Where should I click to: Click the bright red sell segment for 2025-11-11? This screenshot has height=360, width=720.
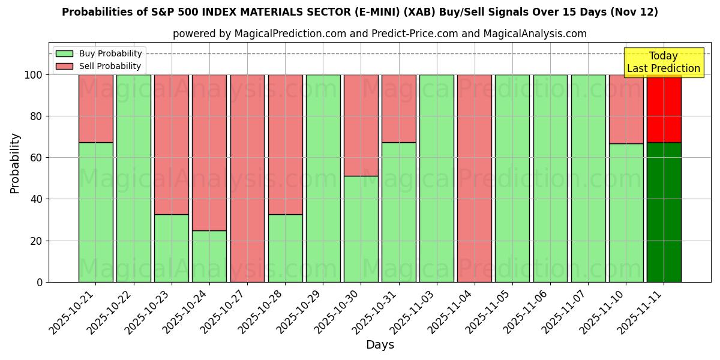pyautogui.click(x=664, y=108)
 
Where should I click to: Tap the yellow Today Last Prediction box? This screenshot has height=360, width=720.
pyautogui.click(x=664, y=62)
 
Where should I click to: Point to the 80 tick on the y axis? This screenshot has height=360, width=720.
pyautogui.click(x=37, y=116)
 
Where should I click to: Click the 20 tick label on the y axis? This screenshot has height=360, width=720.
pyautogui.click(x=37, y=241)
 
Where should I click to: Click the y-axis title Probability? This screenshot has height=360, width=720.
pyautogui.click(x=15, y=163)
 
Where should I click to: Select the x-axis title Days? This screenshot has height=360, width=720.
pyautogui.click(x=380, y=345)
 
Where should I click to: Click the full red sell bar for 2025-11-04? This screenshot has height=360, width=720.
pyautogui.click(x=475, y=178)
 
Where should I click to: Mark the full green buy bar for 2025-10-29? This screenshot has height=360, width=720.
pyautogui.click(x=323, y=178)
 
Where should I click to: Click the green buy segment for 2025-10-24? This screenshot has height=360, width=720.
pyautogui.click(x=209, y=256)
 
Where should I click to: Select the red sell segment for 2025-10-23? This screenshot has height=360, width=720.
pyautogui.click(x=172, y=144)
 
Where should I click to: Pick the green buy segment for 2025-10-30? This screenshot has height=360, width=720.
pyautogui.click(x=361, y=229)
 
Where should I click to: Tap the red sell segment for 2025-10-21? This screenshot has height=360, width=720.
pyautogui.click(x=96, y=108)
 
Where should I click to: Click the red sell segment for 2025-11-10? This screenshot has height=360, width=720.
pyautogui.click(x=626, y=109)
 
